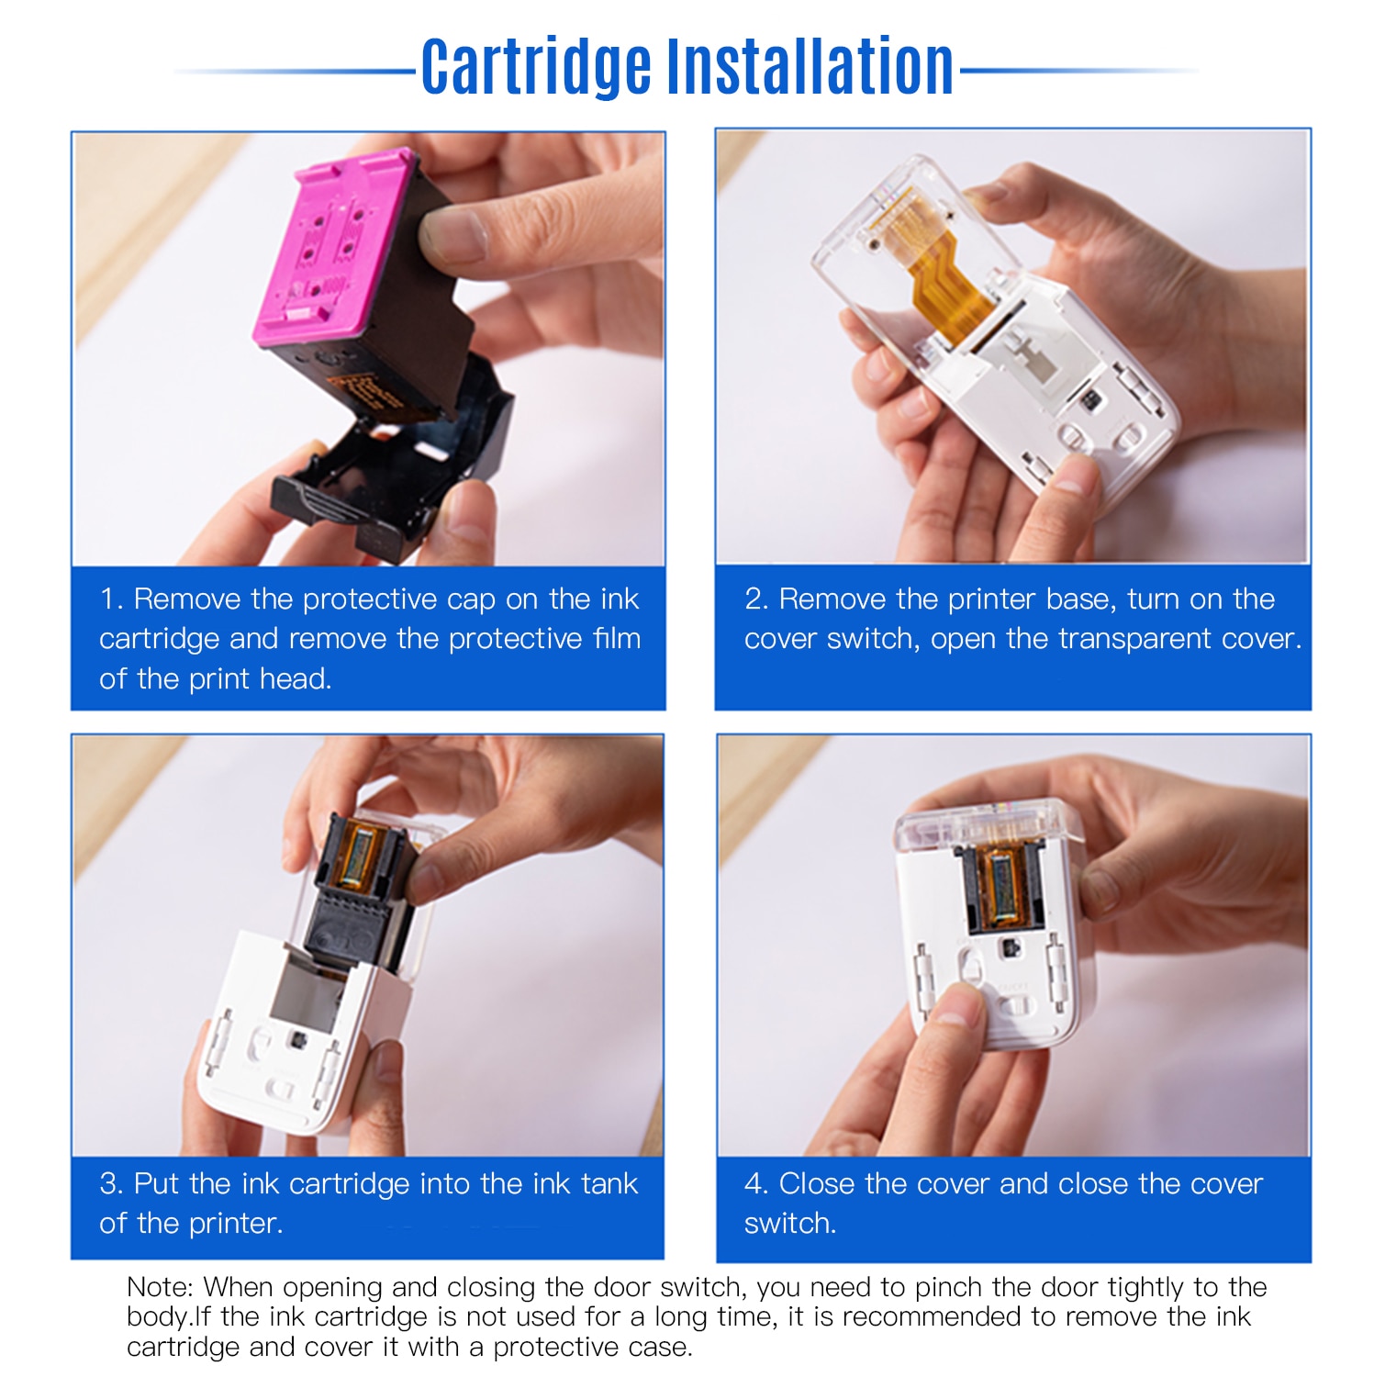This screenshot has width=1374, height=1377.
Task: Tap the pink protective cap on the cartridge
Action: (x=330, y=248)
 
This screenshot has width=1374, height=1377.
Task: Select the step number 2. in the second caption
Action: (x=756, y=599)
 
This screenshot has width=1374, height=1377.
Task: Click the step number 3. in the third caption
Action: (x=111, y=1184)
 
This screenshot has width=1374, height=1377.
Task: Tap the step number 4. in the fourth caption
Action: (x=756, y=1184)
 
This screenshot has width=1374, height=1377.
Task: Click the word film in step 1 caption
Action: (x=617, y=639)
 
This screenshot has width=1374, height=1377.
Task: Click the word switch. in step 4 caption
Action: (x=790, y=1224)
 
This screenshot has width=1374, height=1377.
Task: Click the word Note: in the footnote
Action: (x=160, y=1287)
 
